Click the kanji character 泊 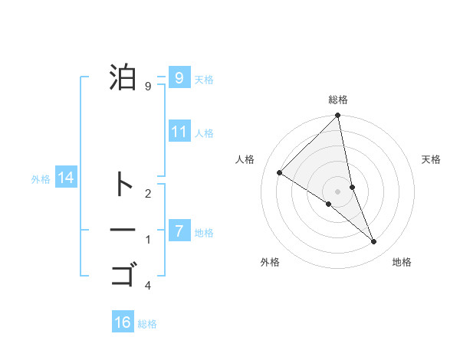tap(123, 77)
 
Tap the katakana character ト tap(123, 185)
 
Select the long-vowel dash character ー tap(123, 229)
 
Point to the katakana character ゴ tap(123, 273)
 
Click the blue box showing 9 tap(179, 77)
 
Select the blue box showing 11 tap(179, 131)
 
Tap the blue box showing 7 tap(179, 230)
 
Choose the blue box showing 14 tap(66, 178)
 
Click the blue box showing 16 tap(123, 322)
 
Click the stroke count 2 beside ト tap(148, 194)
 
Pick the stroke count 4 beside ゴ tap(148, 286)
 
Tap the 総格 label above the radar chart tap(338, 100)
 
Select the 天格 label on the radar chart tap(432, 159)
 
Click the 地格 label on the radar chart tap(402, 262)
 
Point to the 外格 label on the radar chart tap(270, 262)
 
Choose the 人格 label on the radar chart tap(245, 159)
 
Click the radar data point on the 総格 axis tap(338, 116)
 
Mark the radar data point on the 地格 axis tap(374, 242)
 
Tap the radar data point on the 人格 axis tap(280, 172)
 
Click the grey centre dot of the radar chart tap(338, 191)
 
